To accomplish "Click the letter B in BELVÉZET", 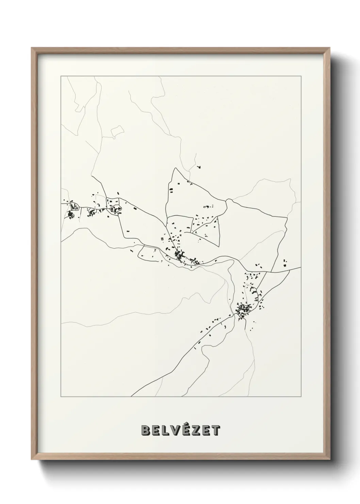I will pyautogui.click(x=146, y=430).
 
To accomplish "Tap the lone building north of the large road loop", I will pyautogui.click(x=199, y=167).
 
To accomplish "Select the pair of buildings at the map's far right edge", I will pyautogui.click(x=285, y=262).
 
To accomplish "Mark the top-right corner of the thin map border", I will pyautogui.click(x=301, y=76).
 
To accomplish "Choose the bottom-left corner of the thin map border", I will pyautogui.click(x=61, y=397).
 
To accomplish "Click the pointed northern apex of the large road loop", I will pyautogui.click(x=175, y=168).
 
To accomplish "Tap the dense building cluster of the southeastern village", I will pyautogui.click(x=243, y=310).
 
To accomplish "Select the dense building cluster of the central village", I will pyautogui.click(x=179, y=254).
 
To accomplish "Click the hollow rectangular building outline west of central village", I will pyautogui.click(x=146, y=252).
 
